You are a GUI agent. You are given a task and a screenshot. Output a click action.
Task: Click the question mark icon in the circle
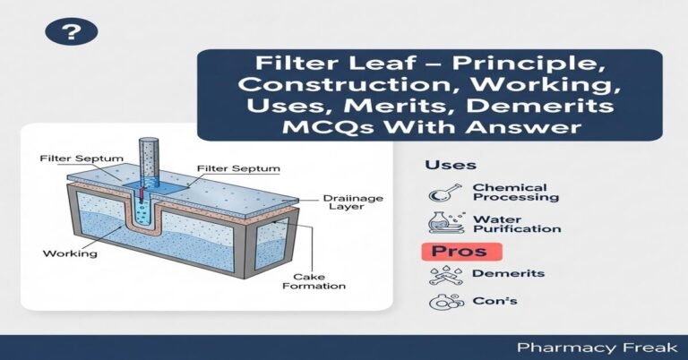[70, 34]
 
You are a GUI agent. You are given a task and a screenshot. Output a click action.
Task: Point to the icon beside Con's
[441, 303]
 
